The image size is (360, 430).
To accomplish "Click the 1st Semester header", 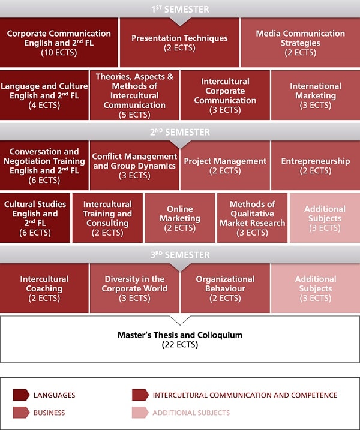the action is tap(180, 9).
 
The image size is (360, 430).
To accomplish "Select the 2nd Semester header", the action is tap(180, 132).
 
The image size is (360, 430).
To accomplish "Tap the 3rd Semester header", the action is tap(180, 255).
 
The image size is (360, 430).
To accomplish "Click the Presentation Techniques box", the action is tap(180, 43).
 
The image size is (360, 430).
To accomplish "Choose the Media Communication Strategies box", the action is tap(301, 43).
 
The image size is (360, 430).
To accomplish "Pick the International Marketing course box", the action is tap(316, 95).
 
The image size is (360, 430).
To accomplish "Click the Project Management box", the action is tap(225, 166).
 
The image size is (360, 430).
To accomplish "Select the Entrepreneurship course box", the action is tap(316, 166).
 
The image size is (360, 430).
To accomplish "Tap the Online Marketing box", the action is tap(180, 218).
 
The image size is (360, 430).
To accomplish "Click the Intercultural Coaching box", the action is tap(44, 288).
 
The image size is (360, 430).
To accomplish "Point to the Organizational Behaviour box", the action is tap(225, 288).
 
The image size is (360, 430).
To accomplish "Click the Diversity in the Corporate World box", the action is tap(134, 288).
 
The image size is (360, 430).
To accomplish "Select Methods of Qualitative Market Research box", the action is tap(252, 218).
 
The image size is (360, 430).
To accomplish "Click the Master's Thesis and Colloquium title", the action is tap(180, 335).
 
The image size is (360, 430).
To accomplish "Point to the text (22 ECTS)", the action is tap(180, 344).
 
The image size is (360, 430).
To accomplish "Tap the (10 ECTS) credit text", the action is tap(59, 52).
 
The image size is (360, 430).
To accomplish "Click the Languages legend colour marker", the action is tap(21, 395).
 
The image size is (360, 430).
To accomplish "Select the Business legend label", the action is tap(49, 413).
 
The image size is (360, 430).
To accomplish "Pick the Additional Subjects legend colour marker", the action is tap(140, 413).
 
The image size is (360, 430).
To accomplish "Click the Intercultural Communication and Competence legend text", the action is tap(245, 395).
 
